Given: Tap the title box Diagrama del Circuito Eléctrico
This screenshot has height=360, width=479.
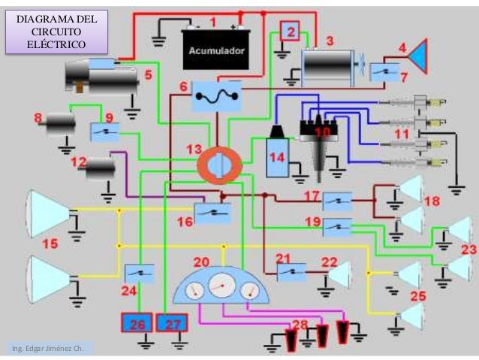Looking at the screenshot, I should point(57,31).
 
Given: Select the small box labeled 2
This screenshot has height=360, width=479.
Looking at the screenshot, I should point(290,32).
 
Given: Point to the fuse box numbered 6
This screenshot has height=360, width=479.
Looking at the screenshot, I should point(215,95).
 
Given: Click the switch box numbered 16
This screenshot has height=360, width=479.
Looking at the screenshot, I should point(212,213).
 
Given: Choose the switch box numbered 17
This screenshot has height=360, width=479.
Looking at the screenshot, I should point(338,201).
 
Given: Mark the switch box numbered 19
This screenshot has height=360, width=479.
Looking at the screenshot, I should point(338,225).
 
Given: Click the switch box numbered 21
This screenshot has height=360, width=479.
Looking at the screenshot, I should point(291,271).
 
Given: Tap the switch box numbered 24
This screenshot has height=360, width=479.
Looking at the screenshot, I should point(140,274).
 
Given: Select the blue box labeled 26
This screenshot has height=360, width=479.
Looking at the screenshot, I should point(137,324).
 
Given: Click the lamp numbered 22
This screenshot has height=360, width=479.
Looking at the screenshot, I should point(339,275).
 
